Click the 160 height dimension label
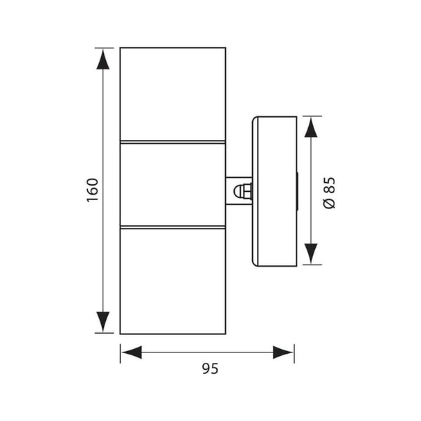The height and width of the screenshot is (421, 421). pos(93,190)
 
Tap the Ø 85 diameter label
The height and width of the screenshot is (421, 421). pos(330,192)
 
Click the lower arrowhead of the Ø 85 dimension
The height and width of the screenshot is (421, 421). pos(310,253)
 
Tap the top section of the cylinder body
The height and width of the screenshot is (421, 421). pos(172,93)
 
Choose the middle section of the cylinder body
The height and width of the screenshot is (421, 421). pos(172,183)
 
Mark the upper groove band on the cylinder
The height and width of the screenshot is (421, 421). pos(172,143)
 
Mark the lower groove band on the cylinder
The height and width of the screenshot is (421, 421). pos(172,226)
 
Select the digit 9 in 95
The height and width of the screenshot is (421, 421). pos(206,368)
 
